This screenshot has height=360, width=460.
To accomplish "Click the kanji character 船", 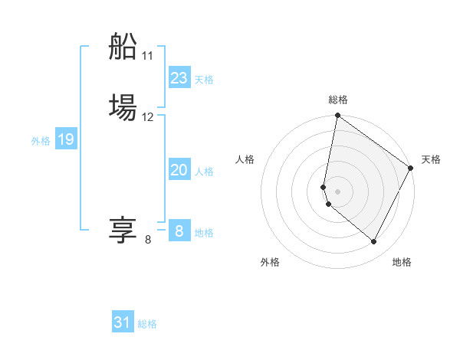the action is coord(123,47).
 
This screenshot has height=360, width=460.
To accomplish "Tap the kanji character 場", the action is coord(123,107).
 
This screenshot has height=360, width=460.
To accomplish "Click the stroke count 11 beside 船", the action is coord(148,56).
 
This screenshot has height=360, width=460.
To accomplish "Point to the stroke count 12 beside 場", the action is coord(148,117).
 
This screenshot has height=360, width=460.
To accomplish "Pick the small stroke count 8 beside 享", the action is coord(148,240).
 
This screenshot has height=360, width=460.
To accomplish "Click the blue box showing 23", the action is coord(179,78).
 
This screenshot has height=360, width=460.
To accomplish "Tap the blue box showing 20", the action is coord(179,170).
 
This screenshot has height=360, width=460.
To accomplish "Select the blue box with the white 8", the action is coord(179,231).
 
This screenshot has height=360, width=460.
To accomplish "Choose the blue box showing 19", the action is coord(66,139).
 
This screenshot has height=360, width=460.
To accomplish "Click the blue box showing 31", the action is coord(123,322).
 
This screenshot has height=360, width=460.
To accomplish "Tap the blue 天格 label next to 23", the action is coord(204,80).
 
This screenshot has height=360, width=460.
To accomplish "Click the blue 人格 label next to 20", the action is coord(204,172).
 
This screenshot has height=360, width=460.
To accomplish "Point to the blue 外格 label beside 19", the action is coord(41,141).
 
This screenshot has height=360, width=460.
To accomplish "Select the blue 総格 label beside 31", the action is coord(147,324).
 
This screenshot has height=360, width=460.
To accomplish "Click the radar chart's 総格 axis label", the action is coord(338,100).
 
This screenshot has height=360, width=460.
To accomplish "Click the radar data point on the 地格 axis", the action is coord(374,242).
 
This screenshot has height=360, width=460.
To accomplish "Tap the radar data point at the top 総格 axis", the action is coord(338,116).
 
